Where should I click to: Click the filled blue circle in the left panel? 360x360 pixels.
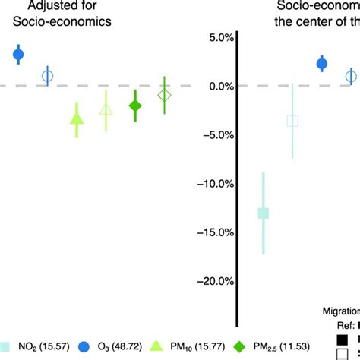[x=19, y=54]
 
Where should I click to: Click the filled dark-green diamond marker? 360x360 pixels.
[x=135, y=106]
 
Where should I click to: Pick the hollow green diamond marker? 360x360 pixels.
[x=164, y=95]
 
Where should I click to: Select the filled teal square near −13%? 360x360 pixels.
[x=264, y=213]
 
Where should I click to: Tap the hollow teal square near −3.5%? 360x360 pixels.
[x=293, y=121]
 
